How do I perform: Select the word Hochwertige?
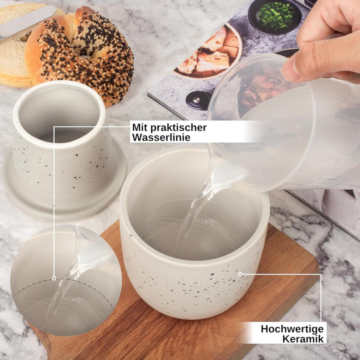292,329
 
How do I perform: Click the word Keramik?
303,339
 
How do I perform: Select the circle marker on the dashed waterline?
54,278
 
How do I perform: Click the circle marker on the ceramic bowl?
240,274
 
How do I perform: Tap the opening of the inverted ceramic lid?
59,114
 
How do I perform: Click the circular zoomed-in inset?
66,280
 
